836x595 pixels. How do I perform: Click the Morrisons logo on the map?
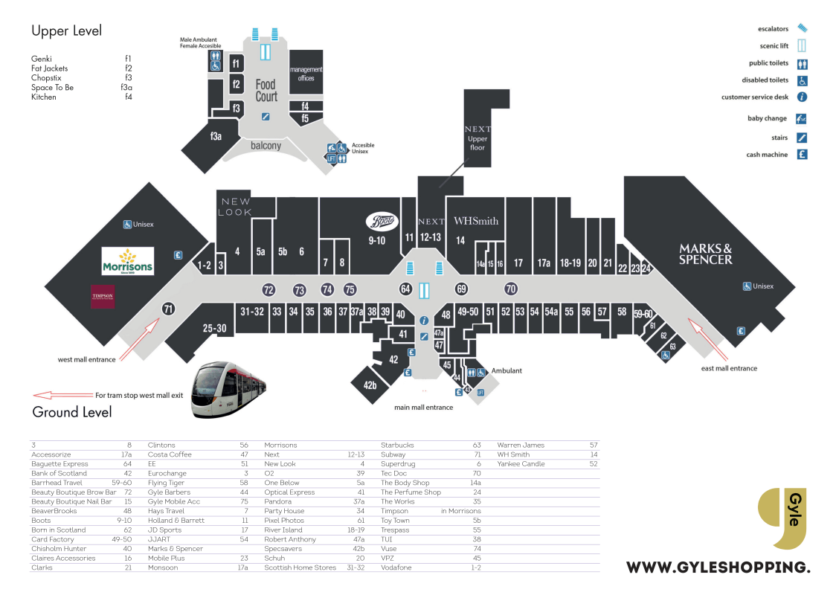128,261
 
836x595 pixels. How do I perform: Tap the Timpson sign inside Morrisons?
103,297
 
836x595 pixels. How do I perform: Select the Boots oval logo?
382,221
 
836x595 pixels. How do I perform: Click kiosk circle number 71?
169,309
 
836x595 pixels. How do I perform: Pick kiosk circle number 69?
461,289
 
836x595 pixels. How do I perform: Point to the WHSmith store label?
476,221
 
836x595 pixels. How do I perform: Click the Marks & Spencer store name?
705,254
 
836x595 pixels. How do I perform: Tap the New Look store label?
237,207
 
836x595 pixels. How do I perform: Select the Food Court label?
266,91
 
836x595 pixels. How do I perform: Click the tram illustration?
228,390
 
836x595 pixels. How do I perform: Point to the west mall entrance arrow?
139,340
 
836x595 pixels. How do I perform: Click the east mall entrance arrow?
708,339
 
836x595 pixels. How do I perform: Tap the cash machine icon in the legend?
802,155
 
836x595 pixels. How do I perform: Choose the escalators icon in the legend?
802,28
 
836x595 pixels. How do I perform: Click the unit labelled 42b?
370,385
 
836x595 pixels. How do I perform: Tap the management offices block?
306,73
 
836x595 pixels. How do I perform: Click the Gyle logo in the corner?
782,518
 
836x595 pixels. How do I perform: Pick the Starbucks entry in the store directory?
397,446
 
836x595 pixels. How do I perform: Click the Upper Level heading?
67,31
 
